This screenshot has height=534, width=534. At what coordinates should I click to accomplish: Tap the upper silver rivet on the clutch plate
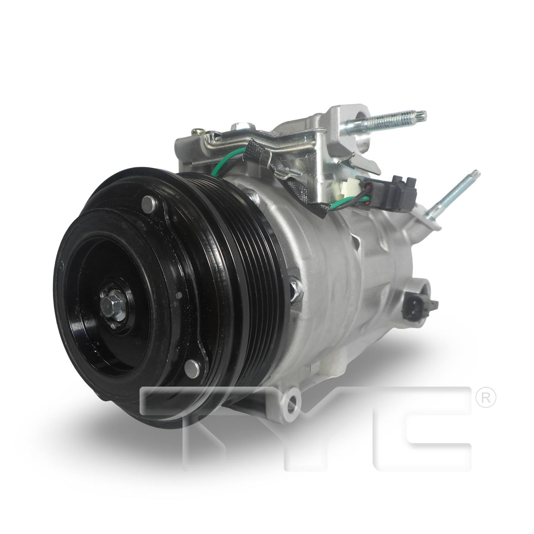pyautogui.click(x=148, y=205)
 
